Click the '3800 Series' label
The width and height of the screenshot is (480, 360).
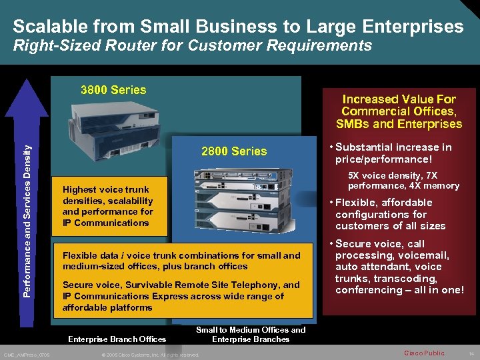tap(113, 89)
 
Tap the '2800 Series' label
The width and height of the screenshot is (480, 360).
tap(234, 151)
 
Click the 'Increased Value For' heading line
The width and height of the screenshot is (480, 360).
tap(399, 99)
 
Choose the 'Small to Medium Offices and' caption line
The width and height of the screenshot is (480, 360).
tap(251, 329)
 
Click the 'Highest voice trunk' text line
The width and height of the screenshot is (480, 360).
tap(105, 189)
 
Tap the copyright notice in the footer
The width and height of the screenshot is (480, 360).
tap(149, 355)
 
